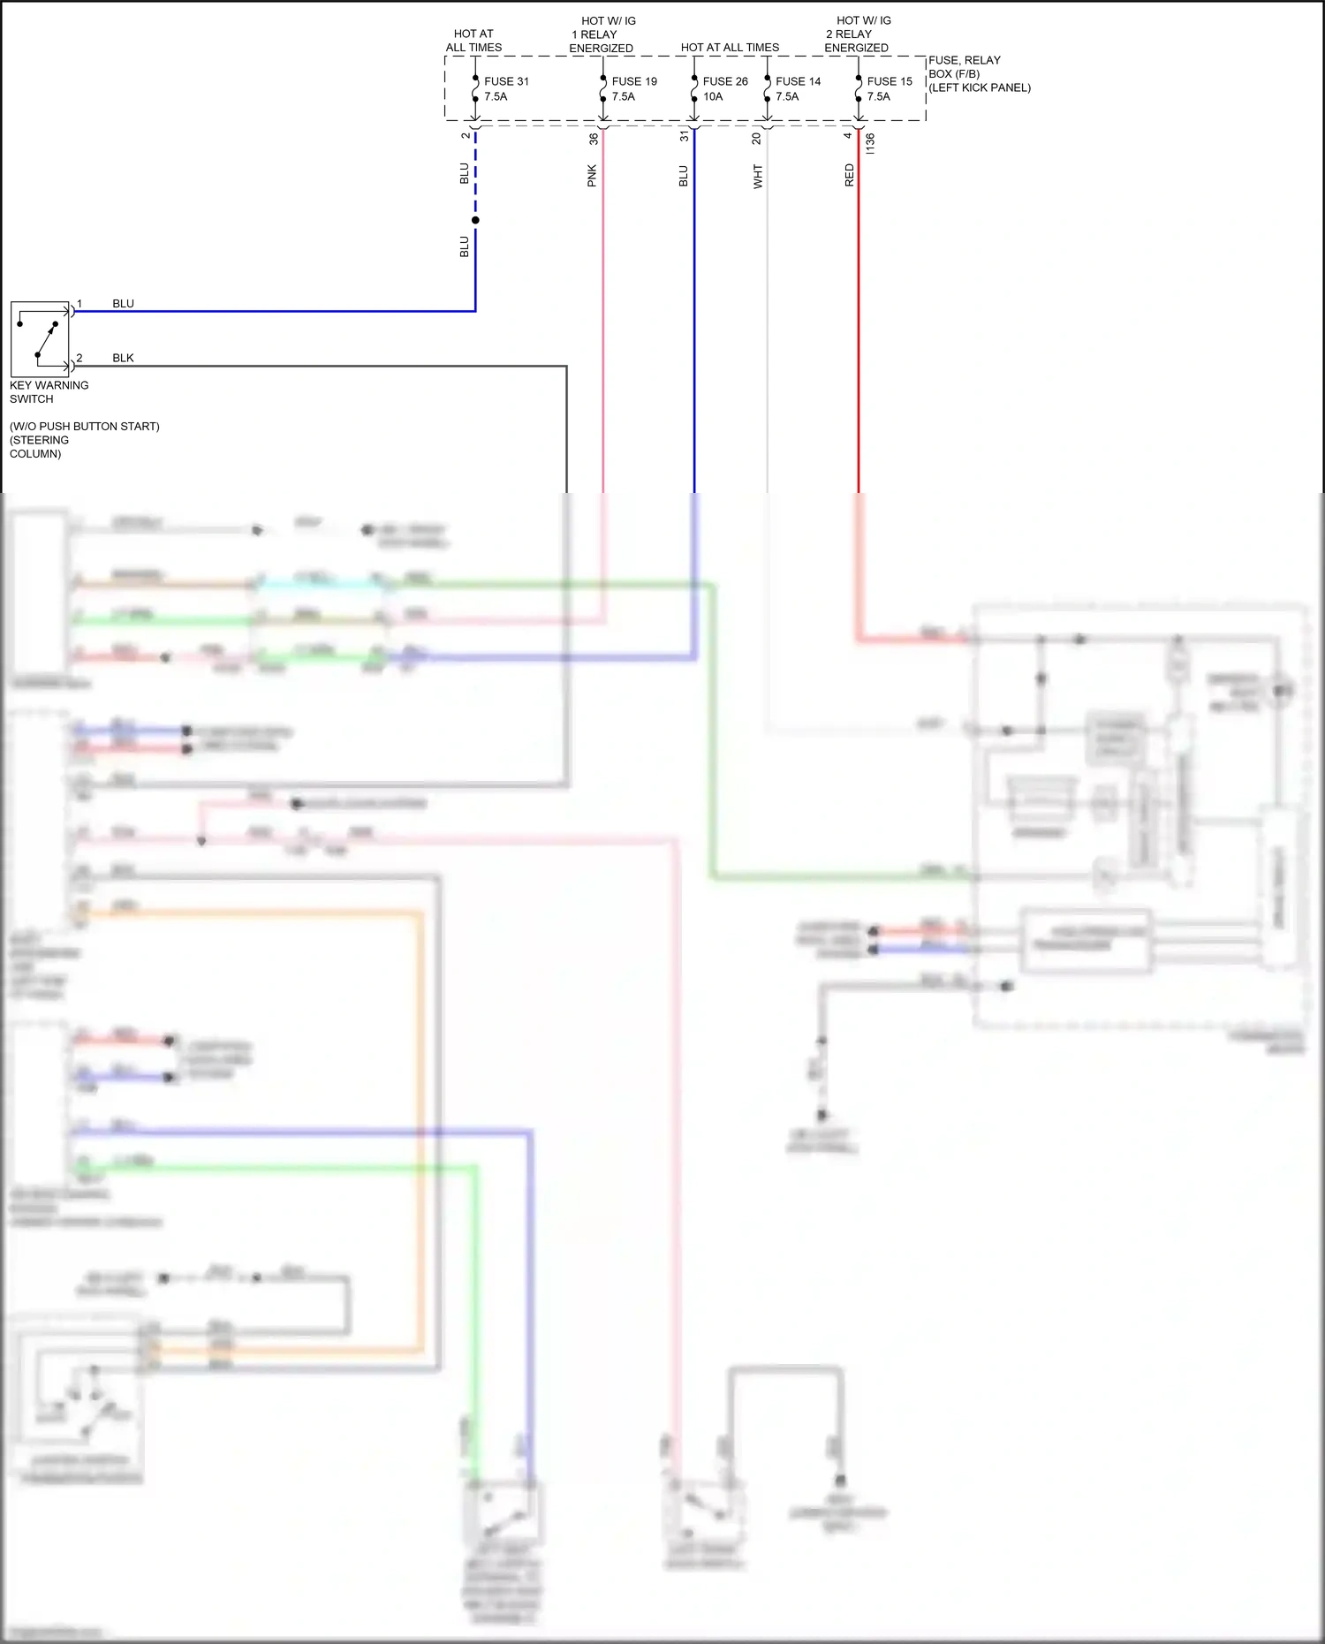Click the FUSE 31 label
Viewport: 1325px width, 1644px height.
pos(506,81)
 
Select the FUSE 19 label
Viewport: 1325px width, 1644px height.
pos(634,81)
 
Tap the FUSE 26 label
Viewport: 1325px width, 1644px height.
pos(725,81)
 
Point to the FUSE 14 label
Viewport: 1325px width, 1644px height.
pos(798,81)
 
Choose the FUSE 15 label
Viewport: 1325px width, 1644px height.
pos(890,81)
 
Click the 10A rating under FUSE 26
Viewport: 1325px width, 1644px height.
pos(713,97)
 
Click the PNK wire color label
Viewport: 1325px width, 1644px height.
pos(592,176)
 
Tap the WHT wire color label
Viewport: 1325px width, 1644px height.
pos(758,176)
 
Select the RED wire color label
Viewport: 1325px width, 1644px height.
pos(850,175)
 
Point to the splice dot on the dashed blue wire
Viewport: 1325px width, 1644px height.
pos(475,220)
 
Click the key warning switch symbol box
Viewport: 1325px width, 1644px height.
pos(40,339)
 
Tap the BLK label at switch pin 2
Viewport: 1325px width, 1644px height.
pos(123,358)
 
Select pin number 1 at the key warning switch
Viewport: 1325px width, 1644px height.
pos(79,304)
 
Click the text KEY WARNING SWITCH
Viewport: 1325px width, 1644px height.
pos(49,392)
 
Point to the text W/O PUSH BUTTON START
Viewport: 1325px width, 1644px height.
pos(85,427)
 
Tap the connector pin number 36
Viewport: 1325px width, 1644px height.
pos(594,139)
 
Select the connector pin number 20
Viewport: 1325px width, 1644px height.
pos(756,139)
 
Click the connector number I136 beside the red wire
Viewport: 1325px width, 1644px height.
pos(870,143)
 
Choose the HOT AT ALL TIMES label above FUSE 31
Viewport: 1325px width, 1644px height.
pos(473,41)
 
